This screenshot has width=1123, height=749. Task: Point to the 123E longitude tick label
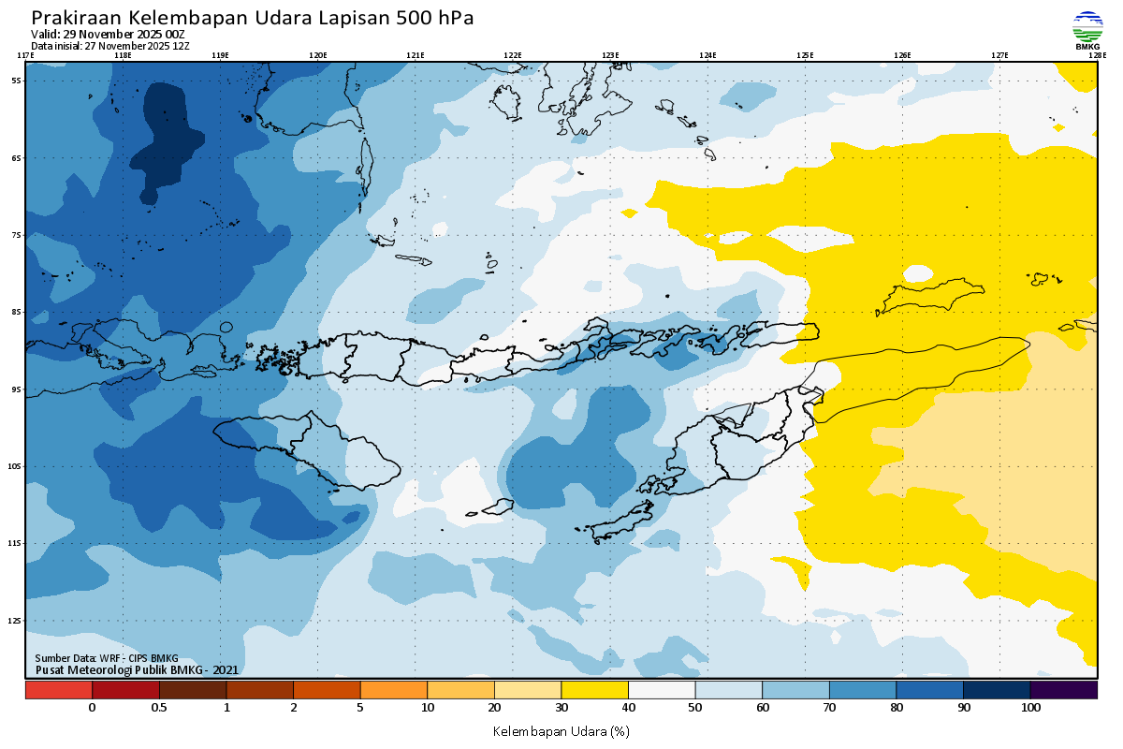(610, 55)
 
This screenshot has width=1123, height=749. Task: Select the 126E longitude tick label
(902, 55)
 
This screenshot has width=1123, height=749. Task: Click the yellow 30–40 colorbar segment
(594, 690)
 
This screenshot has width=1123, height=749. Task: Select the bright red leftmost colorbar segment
(59, 690)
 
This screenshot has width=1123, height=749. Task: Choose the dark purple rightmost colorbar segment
(1064, 690)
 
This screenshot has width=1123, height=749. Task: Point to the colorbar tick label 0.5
(159, 708)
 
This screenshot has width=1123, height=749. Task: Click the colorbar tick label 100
(1030, 708)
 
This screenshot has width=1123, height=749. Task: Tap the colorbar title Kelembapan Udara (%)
(561, 730)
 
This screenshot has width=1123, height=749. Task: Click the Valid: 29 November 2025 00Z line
(108, 35)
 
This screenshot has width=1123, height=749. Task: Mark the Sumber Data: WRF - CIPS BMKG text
(107, 659)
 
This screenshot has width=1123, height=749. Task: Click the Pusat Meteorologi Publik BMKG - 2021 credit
(137, 670)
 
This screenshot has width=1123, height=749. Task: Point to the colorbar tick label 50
(695, 708)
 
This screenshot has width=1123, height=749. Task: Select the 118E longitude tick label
(123, 55)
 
